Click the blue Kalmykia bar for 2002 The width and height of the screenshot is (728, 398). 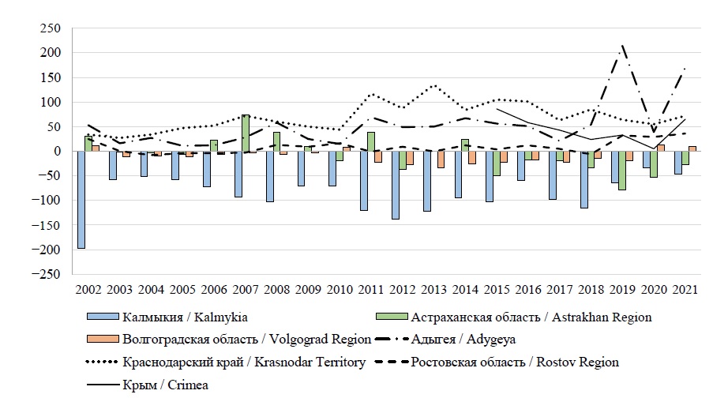[x=81, y=200]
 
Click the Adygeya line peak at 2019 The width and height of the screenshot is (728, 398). [x=622, y=45]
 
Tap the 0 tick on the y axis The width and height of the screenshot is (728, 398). [x=57, y=152]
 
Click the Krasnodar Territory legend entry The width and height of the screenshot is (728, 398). [x=245, y=362]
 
